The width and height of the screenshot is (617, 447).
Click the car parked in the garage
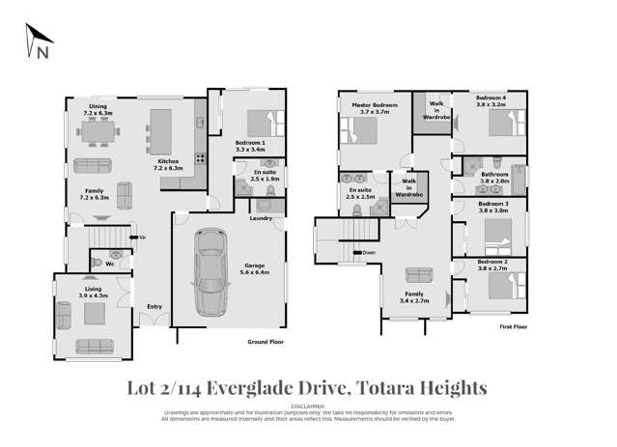pyautogui.click(x=210, y=272)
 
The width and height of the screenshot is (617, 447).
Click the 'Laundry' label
pyautogui.click(x=260, y=218)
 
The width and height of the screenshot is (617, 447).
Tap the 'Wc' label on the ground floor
pyautogui.click(x=110, y=263)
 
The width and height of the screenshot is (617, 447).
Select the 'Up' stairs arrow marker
pyautogui.click(x=141, y=237)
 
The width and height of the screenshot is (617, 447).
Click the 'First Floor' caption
pyautogui.click(x=514, y=327)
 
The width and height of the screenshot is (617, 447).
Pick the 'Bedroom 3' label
pyautogui.click(x=493, y=204)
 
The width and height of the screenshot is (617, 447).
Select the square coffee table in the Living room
pyautogui.click(x=94, y=313)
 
